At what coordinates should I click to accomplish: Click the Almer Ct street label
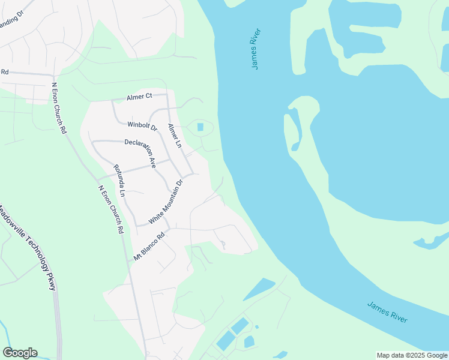pos(139,97)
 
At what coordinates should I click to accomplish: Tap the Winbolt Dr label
pos(142,127)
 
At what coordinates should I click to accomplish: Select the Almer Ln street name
pos(174,136)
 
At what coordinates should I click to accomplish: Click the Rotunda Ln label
pos(119,181)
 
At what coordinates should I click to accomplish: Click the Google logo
pos(20,353)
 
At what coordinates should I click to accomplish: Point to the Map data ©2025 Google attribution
pos(411,355)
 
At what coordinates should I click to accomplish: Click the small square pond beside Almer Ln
pos(200,127)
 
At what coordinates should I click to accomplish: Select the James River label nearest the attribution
pos(388,313)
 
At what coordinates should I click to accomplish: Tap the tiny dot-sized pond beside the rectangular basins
pos(256,327)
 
